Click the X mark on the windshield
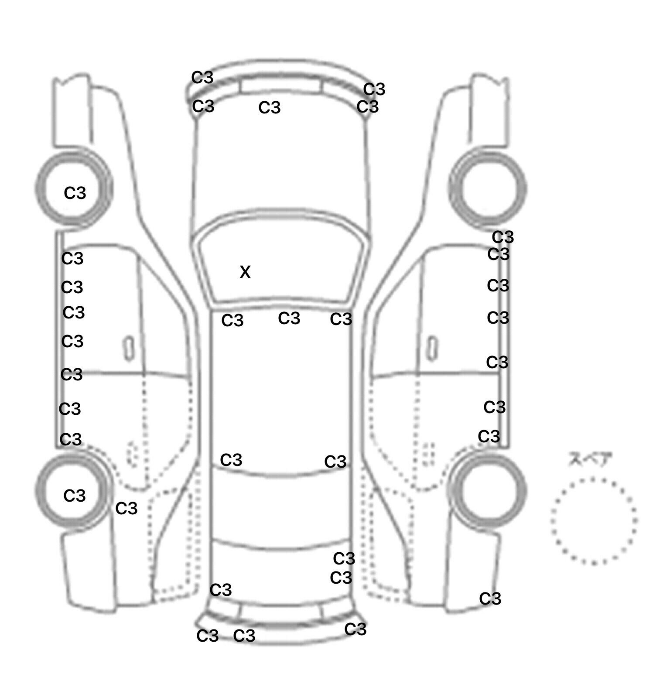(245, 272)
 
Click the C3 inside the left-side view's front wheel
(75, 193)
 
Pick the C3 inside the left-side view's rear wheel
(75, 496)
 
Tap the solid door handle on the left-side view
(129, 348)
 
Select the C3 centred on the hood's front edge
(270, 107)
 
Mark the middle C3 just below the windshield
(289, 318)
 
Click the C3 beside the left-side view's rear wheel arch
(126, 508)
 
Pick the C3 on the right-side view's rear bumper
(490, 599)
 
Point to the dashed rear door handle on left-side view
(131, 454)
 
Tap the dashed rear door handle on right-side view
(430, 454)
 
